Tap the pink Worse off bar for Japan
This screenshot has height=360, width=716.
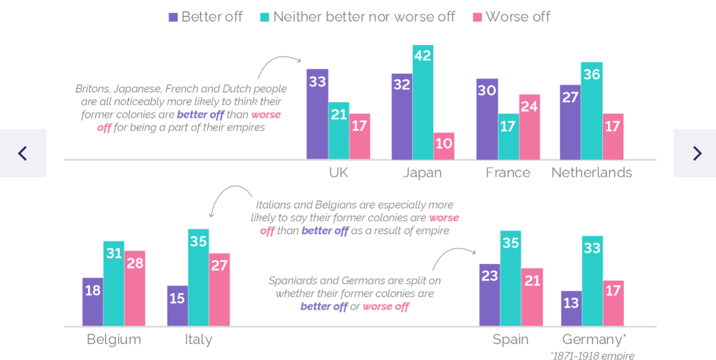[444, 146]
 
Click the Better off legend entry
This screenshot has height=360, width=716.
[206, 17]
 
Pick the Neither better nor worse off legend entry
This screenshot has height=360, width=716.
[357, 17]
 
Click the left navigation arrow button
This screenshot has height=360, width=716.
[23, 153]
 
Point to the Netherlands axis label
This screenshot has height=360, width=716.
[591, 173]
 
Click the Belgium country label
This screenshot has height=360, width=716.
[114, 340]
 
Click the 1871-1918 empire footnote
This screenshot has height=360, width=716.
[592, 355]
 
